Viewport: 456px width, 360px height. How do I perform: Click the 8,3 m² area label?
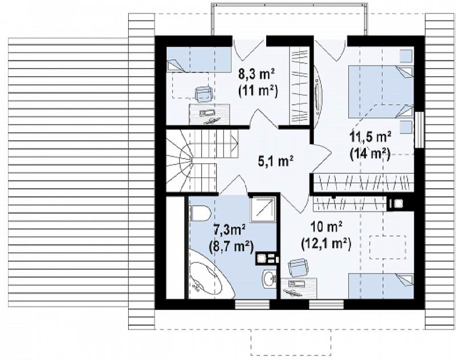pyautogui.click(x=257, y=75)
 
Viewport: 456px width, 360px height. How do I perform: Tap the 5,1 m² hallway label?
pyautogui.click(x=275, y=161)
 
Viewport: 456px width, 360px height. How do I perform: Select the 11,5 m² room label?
pyautogui.click(x=370, y=137)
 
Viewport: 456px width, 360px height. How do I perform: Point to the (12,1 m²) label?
pyautogui.click(x=325, y=244)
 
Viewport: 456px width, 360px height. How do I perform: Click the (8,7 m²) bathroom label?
pyautogui.click(x=231, y=247)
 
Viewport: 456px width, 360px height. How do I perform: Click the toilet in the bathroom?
pyautogui.click(x=200, y=214)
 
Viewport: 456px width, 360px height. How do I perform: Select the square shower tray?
pyautogui.click(x=262, y=209)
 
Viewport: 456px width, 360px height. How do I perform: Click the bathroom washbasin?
pyautogui.click(x=270, y=279)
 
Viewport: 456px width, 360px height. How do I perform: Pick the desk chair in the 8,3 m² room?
pyautogui.click(x=203, y=94)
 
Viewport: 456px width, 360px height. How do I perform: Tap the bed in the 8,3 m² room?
pyautogui.click(x=198, y=60)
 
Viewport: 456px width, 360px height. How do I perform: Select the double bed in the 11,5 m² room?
pyautogui.click(x=381, y=92)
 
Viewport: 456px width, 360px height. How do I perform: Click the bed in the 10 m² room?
pyautogui.click(x=381, y=286)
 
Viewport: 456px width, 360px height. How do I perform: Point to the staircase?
pyautogui.click(x=202, y=161)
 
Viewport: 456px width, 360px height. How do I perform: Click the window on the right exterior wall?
pyautogui.click(x=419, y=129)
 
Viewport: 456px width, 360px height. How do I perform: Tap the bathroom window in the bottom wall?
pyautogui.click(x=252, y=304)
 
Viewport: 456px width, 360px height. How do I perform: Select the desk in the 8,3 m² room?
pyautogui.click(x=210, y=114)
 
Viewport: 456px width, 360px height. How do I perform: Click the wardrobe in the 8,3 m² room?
pyautogui.click(x=300, y=85)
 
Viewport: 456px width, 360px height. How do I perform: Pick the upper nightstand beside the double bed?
pyautogui.click(x=406, y=56)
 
